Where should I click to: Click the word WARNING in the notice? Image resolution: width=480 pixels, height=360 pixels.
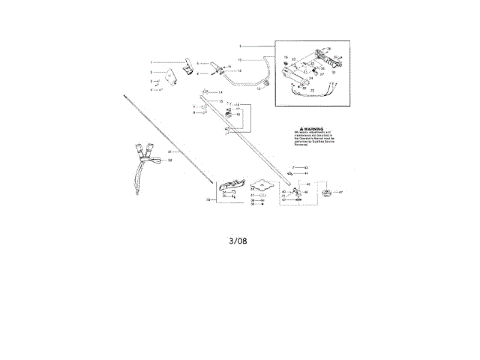pyautogui.click(x=315, y=129)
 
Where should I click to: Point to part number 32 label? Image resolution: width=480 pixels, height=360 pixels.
pyautogui.click(x=170, y=160)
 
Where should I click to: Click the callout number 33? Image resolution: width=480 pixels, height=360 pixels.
pyautogui.click(x=208, y=200)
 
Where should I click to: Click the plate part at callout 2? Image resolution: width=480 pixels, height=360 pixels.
pyautogui.click(x=171, y=75)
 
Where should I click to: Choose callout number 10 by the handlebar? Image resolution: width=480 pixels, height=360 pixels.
pyautogui.click(x=239, y=58)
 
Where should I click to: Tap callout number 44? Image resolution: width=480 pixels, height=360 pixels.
pyautogui.click(x=307, y=173)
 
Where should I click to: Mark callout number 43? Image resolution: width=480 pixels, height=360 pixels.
pyautogui.click(x=307, y=166)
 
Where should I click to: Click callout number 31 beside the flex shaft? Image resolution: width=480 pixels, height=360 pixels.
pyautogui.click(x=169, y=151)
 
